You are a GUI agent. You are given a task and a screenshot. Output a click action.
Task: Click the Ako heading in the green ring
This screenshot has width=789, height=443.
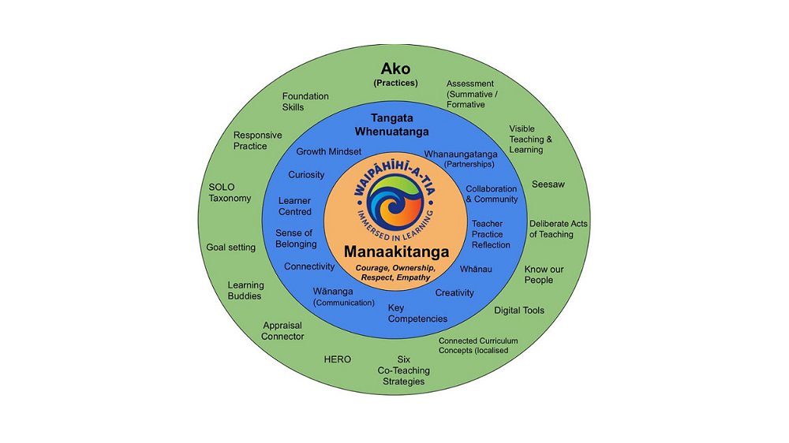pyautogui.click(x=395, y=69)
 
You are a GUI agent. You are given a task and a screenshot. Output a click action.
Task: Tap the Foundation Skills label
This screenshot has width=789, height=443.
pyautogui.click(x=305, y=102)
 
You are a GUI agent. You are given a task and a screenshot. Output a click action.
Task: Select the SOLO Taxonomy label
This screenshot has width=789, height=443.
pyautogui.click(x=230, y=192)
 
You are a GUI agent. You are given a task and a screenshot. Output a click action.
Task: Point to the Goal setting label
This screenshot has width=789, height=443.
pyautogui.click(x=231, y=248)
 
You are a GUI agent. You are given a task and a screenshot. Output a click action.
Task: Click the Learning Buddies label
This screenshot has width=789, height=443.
pyautogui.click(x=245, y=291)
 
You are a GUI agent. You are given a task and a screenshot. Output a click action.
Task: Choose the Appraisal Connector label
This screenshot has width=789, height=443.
pyautogui.click(x=283, y=331)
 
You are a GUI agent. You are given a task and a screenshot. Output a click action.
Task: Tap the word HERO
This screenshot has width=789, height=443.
pyautogui.click(x=338, y=359)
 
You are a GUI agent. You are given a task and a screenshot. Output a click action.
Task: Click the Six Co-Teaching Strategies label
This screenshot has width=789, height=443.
pyautogui.click(x=403, y=370)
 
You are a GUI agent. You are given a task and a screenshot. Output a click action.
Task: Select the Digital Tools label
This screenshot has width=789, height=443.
pyautogui.click(x=519, y=311)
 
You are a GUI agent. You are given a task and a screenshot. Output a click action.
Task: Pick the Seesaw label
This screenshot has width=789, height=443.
pyautogui.click(x=548, y=184)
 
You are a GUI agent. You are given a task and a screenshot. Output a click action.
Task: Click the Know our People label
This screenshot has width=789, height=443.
pyautogui.click(x=544, y=274)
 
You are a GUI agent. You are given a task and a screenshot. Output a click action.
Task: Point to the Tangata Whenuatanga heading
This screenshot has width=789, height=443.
pyautogui.click(x=392, y=125)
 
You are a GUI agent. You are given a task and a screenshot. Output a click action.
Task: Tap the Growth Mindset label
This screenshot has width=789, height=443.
pyautogui.click(x=329, y=151)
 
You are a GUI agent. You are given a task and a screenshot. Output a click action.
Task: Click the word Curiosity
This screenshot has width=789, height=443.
pyautogui.click(x=306, y=175)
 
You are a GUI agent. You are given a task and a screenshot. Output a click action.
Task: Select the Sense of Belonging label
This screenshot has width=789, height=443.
pyautogui.click(x=295, y=238)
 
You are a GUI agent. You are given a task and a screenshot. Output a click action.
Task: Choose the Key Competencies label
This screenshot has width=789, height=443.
pyautogui.click(x=417, y=313)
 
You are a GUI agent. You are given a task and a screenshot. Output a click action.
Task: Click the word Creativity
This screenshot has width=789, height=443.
pyautogui.click(x=454, y=293)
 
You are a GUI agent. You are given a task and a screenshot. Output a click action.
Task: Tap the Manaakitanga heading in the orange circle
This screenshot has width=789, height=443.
pyautogui.click(x=396, y=252)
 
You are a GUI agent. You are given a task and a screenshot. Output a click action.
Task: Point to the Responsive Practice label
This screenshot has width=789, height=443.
pyautogui.click(x=257, y=140)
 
